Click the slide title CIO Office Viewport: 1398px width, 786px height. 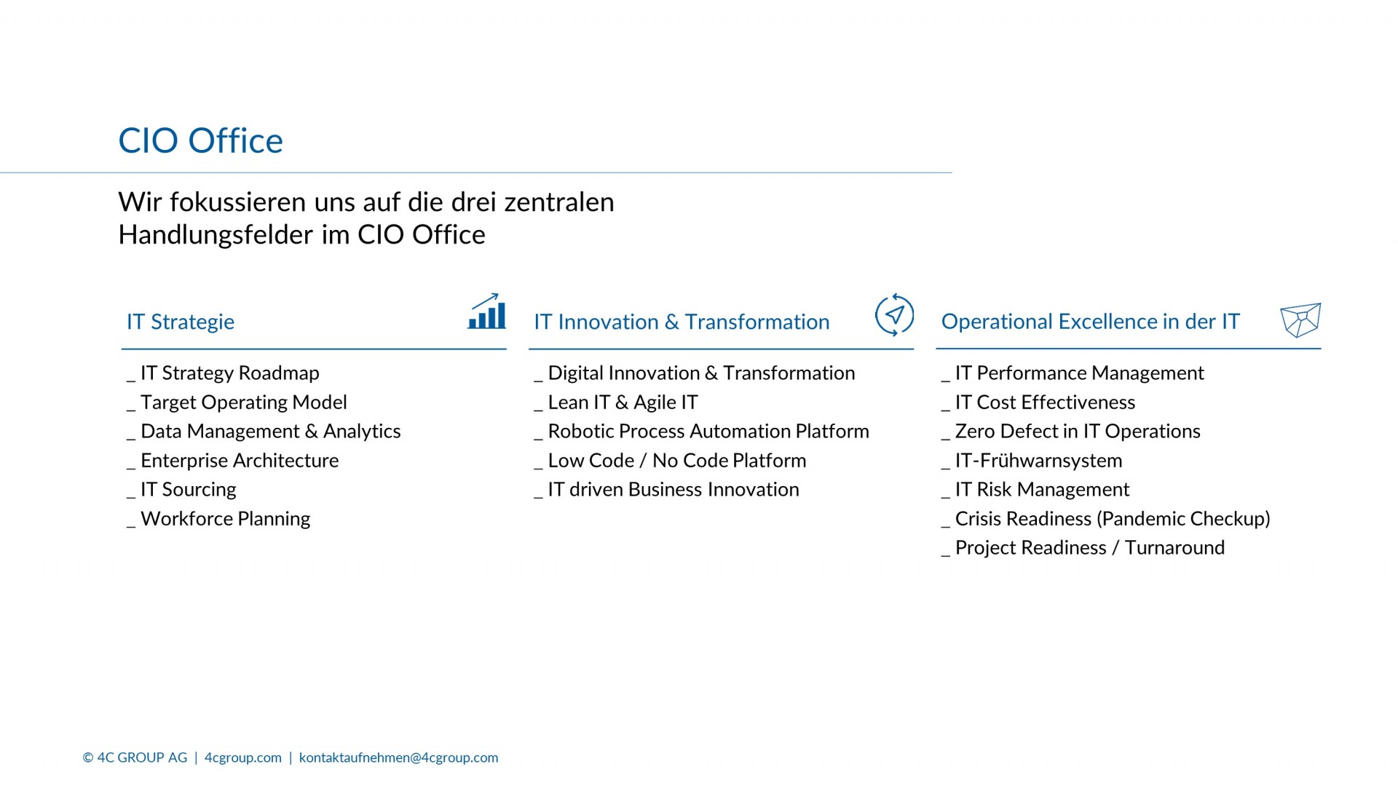[x=200, y=140]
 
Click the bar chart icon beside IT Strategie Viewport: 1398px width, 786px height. [x=487, y=311]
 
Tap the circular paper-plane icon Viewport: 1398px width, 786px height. [x=894, y=315]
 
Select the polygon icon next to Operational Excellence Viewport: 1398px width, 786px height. [x=1300, y=320]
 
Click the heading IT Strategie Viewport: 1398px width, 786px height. [x=181, y=322]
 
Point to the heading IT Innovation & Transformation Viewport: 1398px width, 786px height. [x=682, y=322]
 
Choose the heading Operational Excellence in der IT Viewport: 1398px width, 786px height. [x=1090, y=321]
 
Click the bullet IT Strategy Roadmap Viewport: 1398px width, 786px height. [x=229, y=373]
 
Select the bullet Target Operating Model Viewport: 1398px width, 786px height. [x=243, y=402]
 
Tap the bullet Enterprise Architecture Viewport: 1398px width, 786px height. [x=240, y=461]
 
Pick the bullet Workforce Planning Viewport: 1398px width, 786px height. [x=225, y=519]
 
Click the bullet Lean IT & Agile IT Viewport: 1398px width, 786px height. [x=623, y=402]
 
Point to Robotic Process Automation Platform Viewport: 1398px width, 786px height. [x=708, y=432]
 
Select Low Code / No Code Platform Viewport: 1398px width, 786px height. [x=677, y=461]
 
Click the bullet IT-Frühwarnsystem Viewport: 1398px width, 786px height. [x=1038, y=461]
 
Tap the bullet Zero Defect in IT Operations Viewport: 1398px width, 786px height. [x=1078, y=432]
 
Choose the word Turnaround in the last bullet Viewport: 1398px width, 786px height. [x=1174, y=548]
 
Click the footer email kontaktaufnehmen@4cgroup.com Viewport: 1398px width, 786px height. [x=399, y=758]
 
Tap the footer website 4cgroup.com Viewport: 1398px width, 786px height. [x=243, y=758]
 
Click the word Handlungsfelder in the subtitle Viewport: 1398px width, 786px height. [x=216, y=235]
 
